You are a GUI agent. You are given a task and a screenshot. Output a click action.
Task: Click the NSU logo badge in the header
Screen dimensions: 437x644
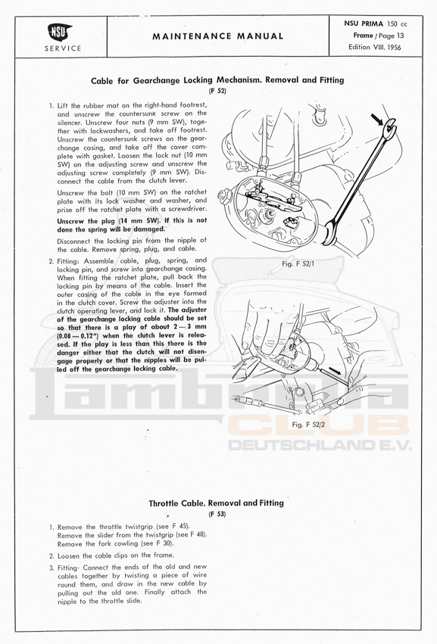(x=61, y=33)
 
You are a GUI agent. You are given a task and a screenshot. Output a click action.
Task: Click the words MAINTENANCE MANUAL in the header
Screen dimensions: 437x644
(x=218, y=36)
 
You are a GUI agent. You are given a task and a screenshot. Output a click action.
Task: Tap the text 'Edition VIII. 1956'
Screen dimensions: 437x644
(x=374, y=47)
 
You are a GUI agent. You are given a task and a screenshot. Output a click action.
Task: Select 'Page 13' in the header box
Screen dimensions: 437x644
(x=392, y=36)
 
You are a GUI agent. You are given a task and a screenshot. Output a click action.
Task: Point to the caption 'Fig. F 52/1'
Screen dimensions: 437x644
(x=298, y=263)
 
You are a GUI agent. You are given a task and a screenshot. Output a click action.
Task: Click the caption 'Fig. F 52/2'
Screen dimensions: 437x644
(x=308, y=425)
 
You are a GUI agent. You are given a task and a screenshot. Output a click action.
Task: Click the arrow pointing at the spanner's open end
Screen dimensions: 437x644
(x=376, y=120)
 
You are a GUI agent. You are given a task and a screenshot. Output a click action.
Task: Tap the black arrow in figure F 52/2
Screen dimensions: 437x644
(x=335, y=370)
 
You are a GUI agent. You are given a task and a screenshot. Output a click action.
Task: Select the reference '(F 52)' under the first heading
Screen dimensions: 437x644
(x=217, y=91)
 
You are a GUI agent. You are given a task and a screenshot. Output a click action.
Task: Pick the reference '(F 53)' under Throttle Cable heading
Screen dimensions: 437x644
(x=217, y=514)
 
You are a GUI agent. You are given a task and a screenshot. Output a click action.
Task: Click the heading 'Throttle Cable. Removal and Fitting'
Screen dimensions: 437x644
(x=217, y=502)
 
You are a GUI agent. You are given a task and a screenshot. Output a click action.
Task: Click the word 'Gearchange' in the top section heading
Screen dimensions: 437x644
(x=156, y=80)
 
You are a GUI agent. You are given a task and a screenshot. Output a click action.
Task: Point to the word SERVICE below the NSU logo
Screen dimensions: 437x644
(x=63, y=48)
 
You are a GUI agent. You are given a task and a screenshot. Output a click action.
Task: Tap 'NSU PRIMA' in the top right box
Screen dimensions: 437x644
(x=364, y=23)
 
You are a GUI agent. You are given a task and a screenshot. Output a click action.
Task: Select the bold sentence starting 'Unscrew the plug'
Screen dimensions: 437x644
(x=132, y=225)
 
